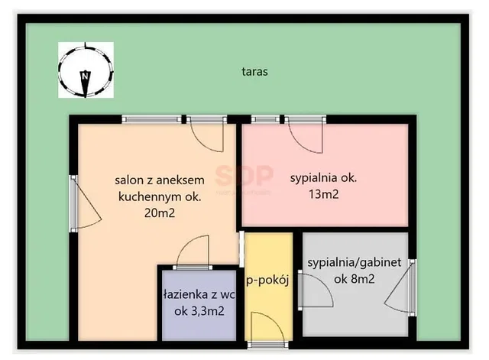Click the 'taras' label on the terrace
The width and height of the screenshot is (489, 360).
(x=254, y=71)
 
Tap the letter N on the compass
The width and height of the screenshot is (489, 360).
(x=85, y=75)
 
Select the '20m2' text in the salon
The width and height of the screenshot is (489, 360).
(x=160, y=212)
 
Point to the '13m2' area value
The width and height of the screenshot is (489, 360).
(x=324, y=194)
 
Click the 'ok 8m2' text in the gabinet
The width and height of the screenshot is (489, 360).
(x=355, y=278)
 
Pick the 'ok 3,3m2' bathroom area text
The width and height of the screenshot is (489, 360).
(x=199, y=311)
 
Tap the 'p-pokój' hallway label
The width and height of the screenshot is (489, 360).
(x=268, y=281)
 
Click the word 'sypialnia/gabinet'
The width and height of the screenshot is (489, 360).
(x=355, y=263)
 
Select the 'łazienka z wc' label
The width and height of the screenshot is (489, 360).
(x=199, y=294)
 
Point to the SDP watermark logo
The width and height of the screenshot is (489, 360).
(x=244, y=175)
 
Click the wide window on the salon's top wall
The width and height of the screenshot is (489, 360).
(x=151, y=119)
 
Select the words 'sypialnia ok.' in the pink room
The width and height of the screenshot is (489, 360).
(x=323, y=178)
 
